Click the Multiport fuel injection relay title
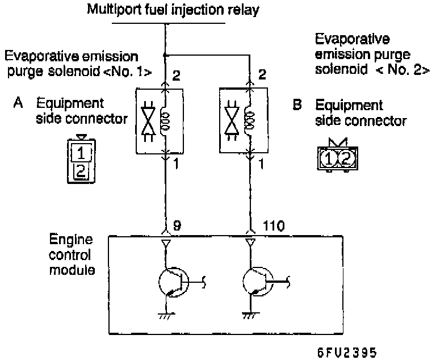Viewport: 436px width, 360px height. (x=173, y=10)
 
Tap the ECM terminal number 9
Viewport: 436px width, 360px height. (x=177, y=225)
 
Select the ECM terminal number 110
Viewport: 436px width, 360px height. (x=274, y=225)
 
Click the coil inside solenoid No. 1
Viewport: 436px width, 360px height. (x=166, y=121)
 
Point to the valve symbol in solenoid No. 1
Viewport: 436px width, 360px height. (x=148, y=121)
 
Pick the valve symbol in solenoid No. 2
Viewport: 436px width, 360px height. (x=232, y=120)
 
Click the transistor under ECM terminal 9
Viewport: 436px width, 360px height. (x=174, y=282)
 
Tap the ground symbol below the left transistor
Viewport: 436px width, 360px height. (x=166, y=316)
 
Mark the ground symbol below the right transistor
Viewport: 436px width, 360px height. (x=251, y=316)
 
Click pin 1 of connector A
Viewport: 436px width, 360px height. (x=81, y=153)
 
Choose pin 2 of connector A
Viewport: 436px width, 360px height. (x=81, y=171)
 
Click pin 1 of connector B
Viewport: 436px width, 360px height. (x=328, y=158)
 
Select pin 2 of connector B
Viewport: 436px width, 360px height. (x=346, y=158)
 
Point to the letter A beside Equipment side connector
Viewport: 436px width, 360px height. (x=18, y=103)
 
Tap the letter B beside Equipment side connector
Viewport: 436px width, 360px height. (x=297, y=104)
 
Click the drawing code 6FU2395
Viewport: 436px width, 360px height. (x=347, y=353)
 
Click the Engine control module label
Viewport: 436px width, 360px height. (x=72, y=254)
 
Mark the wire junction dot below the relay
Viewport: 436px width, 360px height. (x=165, y=56)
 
